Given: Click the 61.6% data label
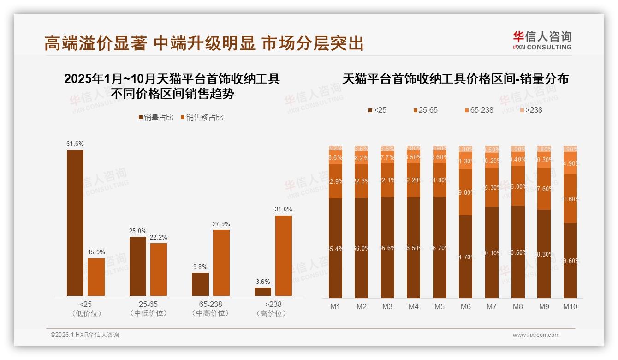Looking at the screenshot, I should tap(75, 144).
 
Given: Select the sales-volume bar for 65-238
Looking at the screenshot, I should tap(200, 284).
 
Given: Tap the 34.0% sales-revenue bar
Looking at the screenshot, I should tap(284, 256).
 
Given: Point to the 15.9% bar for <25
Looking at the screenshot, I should tap(96, 277).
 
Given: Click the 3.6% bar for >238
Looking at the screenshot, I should tap(263, 292).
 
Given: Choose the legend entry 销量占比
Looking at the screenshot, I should tap(156, 118).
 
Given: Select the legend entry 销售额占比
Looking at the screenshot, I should tap(202, 118).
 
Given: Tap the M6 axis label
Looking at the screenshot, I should tap(465, 306).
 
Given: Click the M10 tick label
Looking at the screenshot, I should tap(570, 306).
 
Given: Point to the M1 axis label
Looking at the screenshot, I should tap(335, 306).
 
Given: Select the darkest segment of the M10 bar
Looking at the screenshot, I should tap(570, 261).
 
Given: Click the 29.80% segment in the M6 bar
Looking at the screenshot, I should tap(466, 192).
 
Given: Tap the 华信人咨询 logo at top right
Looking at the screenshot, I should tap(542, 40).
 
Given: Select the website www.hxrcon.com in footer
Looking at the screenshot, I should tap(536, 335).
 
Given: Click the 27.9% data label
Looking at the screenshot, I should tap(221, 224).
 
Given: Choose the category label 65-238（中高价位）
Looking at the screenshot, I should tap(210, 309).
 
